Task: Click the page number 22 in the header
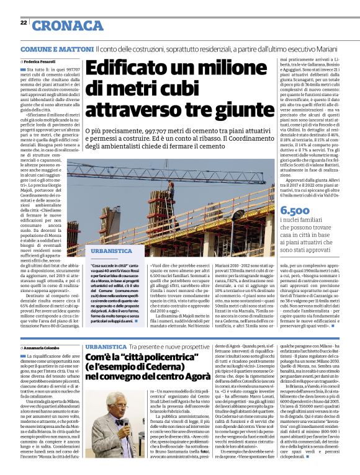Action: [x=23, y=22]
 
